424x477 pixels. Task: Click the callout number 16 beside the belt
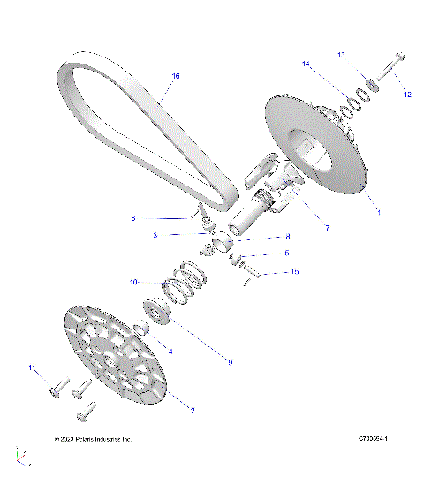pos(175,77)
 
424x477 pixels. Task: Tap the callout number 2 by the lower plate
pos(193,410)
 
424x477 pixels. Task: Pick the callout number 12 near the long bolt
pos(408,93)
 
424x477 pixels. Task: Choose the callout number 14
pos(307,64)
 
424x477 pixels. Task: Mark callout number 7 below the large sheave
pos(327,228)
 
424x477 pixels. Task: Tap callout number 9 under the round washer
pos(230,361)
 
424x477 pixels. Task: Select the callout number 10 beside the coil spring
pos(133,283)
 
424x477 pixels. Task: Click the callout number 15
pos(294,272)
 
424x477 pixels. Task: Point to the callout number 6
pos(133,217)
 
